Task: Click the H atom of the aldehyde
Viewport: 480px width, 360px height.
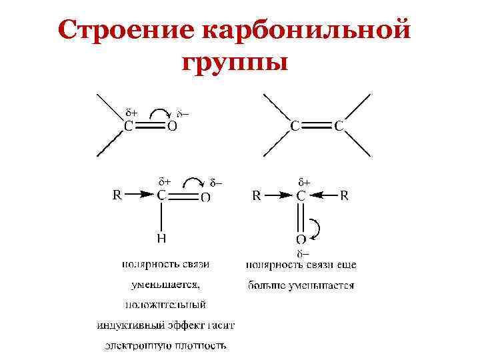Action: [x=161, y=237]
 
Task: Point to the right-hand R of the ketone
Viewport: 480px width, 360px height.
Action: [x=345, y=195]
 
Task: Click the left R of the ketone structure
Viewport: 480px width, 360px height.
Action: [x=256, y=195]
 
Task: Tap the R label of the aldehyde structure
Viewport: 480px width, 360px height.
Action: [x=117, y=195]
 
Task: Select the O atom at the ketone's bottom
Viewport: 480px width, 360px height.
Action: [x=301, y=239]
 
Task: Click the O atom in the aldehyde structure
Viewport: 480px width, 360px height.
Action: [x=206, y=197]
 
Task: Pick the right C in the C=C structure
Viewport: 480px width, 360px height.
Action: [x=339, y=125]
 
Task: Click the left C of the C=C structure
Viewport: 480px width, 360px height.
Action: [x=294, y=125]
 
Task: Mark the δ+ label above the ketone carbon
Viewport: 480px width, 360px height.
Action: [x=303, y=181]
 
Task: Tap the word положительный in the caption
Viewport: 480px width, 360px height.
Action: [x=165, y=305]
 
